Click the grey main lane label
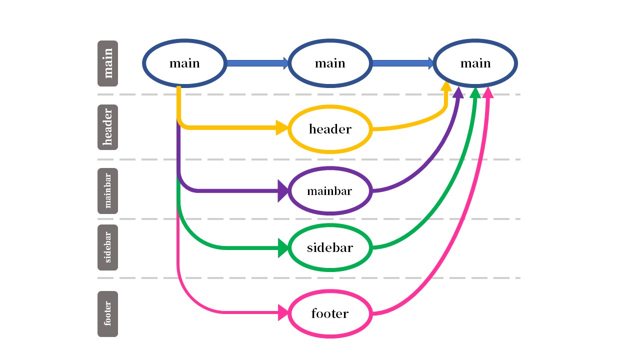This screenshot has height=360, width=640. tap(107, 63)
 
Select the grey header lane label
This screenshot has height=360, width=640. tap(107, 127)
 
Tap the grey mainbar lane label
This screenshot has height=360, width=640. tap(107, 191)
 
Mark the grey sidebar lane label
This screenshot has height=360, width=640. tap(107, 247)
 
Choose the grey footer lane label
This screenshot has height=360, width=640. tap(107, 314)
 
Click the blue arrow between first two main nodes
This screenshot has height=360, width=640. tap(257, 63)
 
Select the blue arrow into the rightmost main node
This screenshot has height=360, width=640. tap(403, 63)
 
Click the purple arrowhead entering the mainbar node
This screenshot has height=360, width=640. tap(283, 191)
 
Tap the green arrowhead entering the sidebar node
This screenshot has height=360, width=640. tap(283, 248)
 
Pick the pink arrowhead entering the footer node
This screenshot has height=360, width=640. tap(283, 312)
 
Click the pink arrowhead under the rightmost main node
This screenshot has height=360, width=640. tap(488, 92)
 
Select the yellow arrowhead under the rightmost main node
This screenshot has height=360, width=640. tap(446, 86)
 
